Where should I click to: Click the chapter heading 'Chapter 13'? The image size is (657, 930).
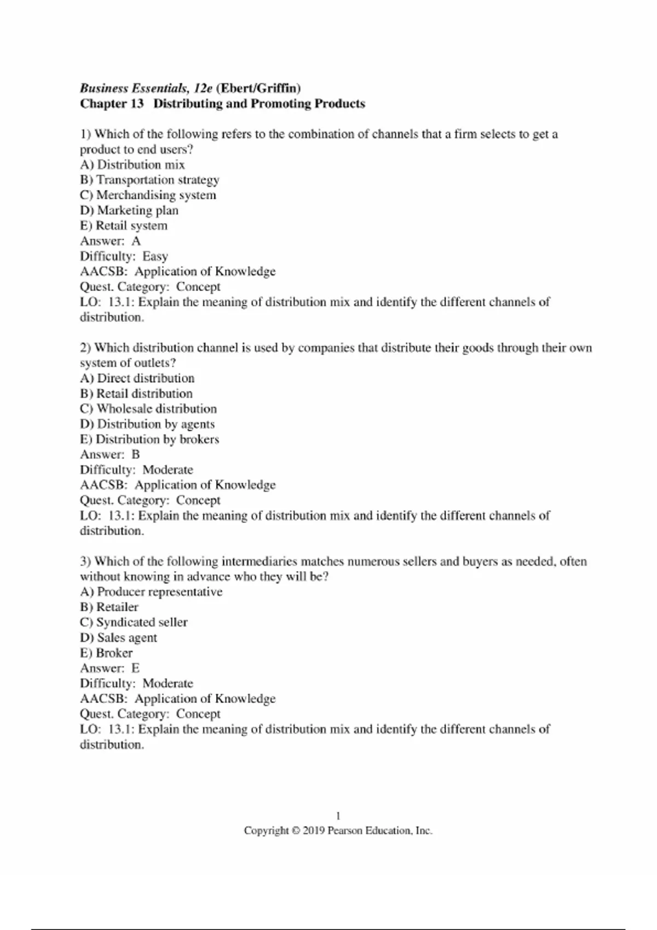(112, 104)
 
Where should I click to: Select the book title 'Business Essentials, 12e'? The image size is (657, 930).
(146, 88)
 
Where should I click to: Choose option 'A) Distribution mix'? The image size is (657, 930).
(132, 165)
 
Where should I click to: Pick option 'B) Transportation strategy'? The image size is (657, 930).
(149, 180)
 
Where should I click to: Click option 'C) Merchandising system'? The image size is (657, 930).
(148, 195)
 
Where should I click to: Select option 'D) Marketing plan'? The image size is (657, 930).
(129, 211)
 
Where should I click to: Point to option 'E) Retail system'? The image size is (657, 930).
(124, 226)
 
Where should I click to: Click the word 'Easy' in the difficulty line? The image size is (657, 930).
(155, 257)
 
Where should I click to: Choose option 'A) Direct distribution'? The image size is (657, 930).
(137, 379)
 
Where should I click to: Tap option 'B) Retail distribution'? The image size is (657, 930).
(136, 394)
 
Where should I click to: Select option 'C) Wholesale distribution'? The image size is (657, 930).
(148, 409)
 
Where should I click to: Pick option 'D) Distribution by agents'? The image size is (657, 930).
(147, 424)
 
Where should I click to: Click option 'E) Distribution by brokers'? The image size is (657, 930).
(149, 439)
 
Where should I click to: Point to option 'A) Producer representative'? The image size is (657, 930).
(151, 592)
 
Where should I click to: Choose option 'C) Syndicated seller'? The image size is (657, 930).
(134, 623)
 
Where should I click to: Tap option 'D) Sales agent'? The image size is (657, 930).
(118, 638)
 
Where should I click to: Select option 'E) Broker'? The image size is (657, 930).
(106, 653)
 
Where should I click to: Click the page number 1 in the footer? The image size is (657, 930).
(338, 816)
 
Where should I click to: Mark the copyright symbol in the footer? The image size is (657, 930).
(296, 831)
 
